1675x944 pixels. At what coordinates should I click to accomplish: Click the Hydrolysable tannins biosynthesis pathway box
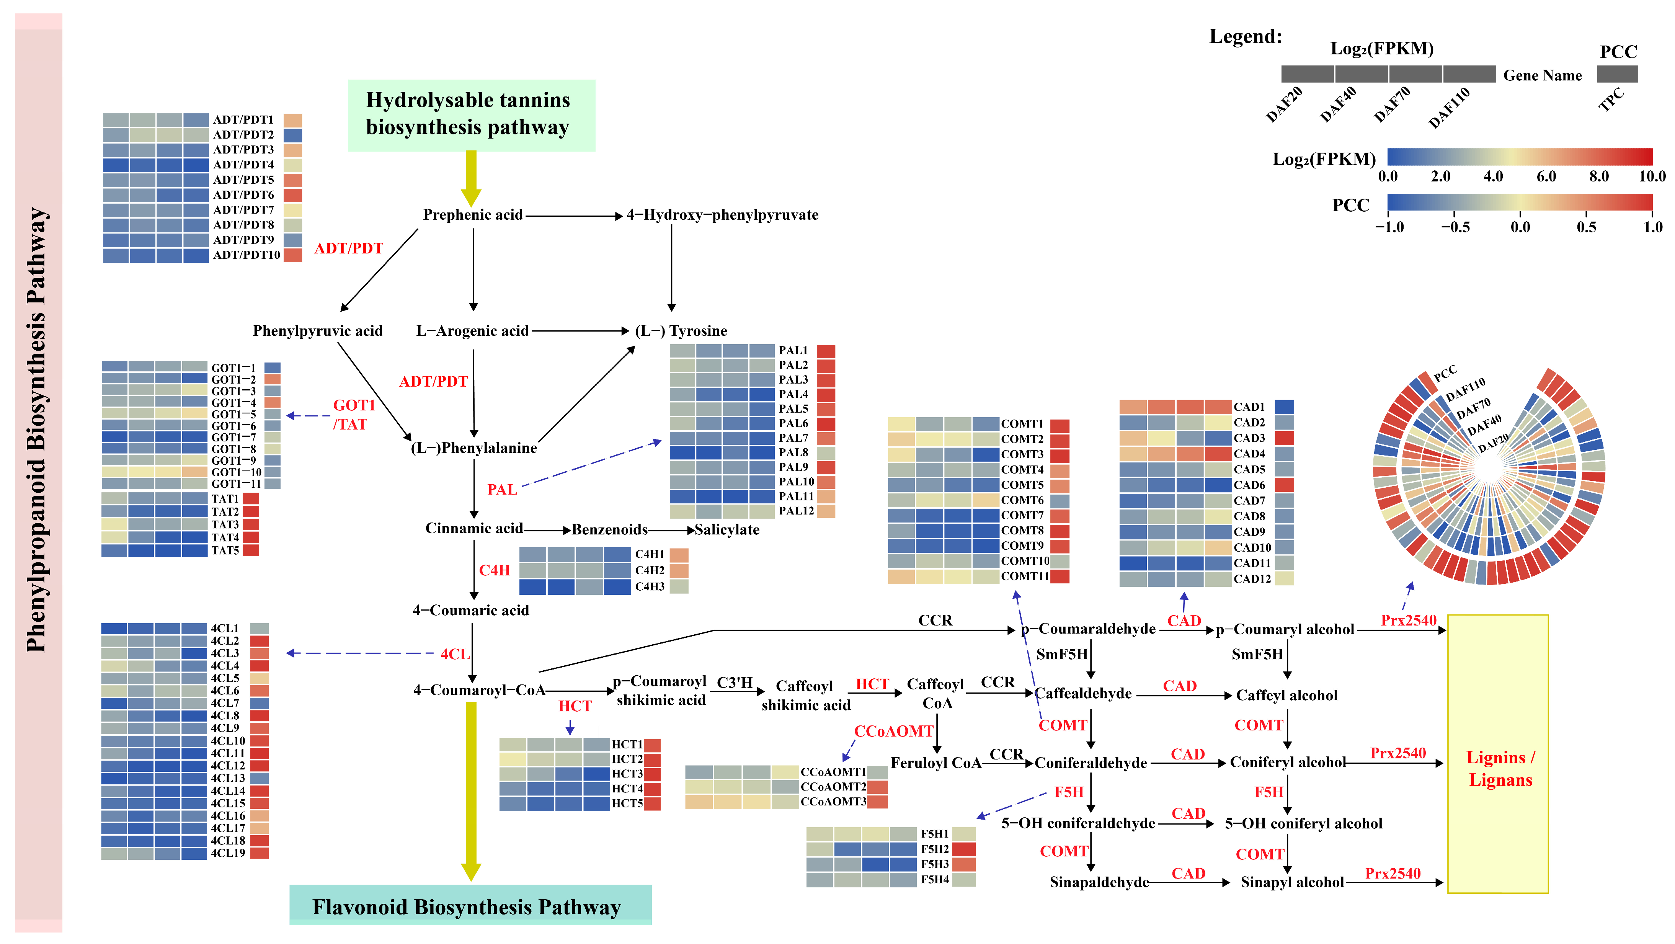point(471,115)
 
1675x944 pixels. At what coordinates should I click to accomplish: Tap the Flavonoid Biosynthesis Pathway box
point(470,905)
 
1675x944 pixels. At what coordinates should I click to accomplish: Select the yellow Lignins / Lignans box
point(1497,754)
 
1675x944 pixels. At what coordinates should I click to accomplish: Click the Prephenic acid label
point(473,214)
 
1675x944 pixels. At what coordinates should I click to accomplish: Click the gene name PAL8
point(793,452)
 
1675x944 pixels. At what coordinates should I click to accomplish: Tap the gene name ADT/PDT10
point(247,255)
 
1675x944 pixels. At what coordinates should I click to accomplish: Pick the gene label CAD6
point(1249,485)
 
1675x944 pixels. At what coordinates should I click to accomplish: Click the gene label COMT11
point(1025,576)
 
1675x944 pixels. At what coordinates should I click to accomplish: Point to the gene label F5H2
point(934,849)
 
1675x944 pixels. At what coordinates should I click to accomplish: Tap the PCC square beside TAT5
point(251,550)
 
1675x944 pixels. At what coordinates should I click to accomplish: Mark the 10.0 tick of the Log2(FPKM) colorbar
point(1652,176)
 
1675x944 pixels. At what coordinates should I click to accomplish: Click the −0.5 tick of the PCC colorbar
point(1455,227)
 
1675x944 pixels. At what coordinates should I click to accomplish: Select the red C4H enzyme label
point(494,570)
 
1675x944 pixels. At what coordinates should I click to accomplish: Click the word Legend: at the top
point(1245,36)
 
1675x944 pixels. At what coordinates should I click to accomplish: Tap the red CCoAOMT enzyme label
point(893,732)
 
